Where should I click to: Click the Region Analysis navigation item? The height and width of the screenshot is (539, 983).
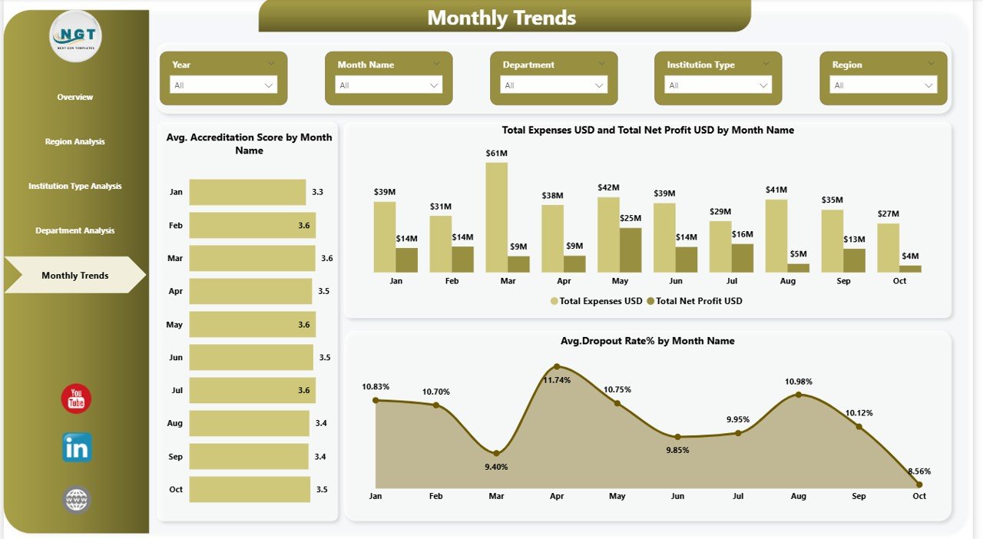pos(74,142)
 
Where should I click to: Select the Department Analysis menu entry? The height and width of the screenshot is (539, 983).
pos(74,231)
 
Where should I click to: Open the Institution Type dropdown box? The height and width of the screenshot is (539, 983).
pos(717,85)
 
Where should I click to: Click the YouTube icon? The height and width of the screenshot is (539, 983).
pos(76,399)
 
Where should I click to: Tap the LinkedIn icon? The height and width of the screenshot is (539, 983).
pos(77,448)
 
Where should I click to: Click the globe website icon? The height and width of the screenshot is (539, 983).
pos(77,501)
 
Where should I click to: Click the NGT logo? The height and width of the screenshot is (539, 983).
pos(75,35)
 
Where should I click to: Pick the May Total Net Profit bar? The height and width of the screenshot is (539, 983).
pos(631,250)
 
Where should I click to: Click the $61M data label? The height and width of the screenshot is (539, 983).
pos(496,154)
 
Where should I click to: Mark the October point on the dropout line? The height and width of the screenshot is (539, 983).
pos(919,484)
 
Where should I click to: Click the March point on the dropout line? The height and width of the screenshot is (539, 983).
pos(496,453)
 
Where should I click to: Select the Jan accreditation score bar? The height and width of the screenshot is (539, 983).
pos(247,192)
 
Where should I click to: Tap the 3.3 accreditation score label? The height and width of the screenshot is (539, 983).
pos(318,192)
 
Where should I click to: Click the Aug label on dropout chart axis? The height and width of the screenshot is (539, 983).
pos(798,496)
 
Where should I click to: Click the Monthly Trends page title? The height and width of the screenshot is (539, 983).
pos(501,18)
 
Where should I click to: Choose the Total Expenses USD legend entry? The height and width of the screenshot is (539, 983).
pos(596,301)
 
